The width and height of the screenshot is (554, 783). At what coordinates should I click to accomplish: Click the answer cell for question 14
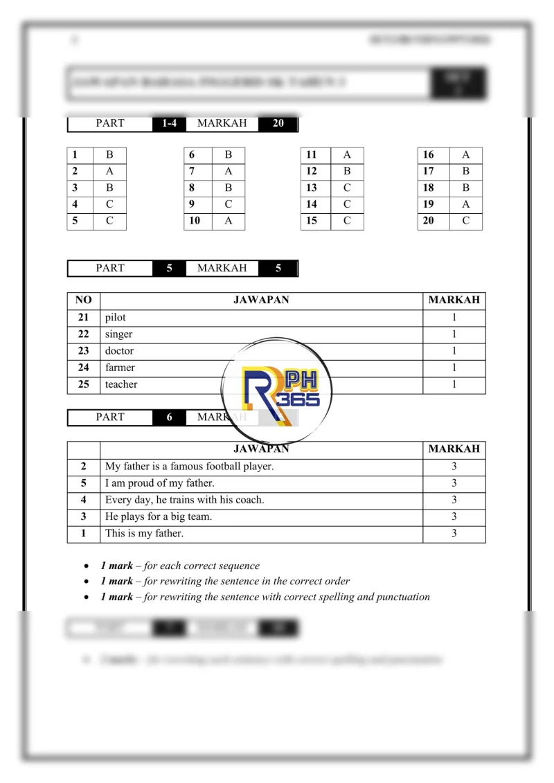347,204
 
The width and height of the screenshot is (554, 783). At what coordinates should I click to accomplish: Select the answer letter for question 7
229,171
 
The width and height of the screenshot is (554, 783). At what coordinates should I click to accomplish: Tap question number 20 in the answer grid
429,221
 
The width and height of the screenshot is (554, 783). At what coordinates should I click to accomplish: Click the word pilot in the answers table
116,318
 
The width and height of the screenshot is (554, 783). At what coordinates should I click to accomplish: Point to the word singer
118,334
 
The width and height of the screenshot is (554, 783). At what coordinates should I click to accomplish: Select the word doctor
119,351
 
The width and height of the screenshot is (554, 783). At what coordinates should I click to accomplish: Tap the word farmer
120,368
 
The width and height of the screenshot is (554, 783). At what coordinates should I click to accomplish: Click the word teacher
121,384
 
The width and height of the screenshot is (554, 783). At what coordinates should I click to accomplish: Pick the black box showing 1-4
169,123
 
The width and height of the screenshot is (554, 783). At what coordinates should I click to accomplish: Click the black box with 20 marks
278,123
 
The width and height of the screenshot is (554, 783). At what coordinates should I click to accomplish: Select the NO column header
83,300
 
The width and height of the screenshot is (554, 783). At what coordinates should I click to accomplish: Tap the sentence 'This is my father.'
144,534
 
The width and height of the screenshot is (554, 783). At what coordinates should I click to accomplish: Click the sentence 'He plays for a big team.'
159,516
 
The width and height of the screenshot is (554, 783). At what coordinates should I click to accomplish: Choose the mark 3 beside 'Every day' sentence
454,500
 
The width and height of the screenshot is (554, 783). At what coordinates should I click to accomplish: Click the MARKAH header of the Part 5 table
454,300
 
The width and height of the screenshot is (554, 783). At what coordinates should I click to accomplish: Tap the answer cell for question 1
109,155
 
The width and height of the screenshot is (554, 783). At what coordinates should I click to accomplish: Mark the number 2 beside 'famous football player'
83,467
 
